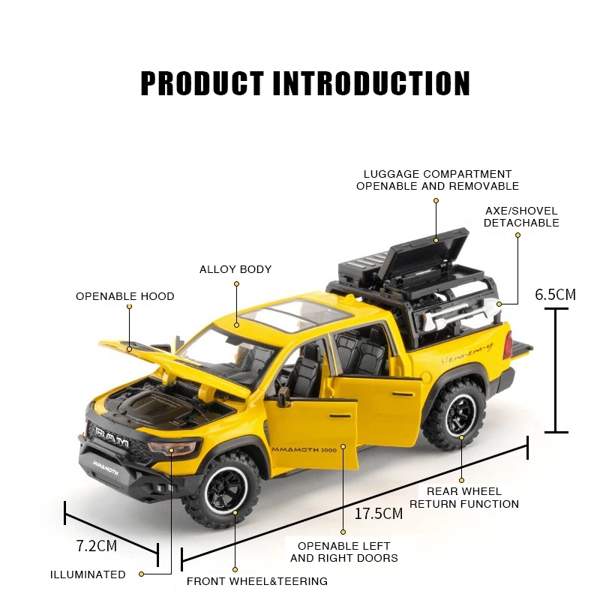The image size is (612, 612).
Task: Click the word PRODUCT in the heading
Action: [202, 83]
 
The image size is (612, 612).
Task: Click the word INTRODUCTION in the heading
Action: [370, 83]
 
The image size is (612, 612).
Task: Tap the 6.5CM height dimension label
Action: [555, 294]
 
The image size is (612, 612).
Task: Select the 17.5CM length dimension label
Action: [378, 514]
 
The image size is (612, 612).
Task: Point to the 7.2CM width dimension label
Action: [97, 545]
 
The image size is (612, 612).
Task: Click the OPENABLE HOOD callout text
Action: [124, 296]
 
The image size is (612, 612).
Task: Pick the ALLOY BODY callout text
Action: [235, 269]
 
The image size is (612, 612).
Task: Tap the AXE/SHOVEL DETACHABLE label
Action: [521, 217]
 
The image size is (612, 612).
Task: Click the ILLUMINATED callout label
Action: [88, 574]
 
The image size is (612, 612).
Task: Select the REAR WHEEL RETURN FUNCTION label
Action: [463, 498]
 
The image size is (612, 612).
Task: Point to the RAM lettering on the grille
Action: [111, 439]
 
